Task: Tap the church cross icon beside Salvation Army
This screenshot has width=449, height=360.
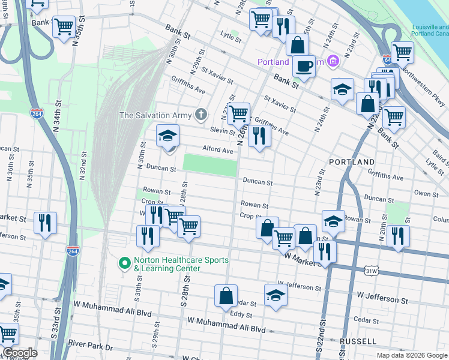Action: tap(202, 115)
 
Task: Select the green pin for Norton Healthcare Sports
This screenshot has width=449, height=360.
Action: tap(125, 263)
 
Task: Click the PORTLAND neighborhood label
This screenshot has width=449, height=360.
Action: tap(352, 162)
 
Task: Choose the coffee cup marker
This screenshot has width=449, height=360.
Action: tap(304, 65)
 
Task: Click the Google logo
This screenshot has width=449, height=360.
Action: tap(20, 353)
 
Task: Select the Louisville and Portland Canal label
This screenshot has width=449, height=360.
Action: tap(430, 31)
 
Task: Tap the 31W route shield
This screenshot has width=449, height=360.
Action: tap(372, 271)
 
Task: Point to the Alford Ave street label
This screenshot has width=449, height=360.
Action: tap(217, 151)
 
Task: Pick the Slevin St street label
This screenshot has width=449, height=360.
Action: tap(222, 130)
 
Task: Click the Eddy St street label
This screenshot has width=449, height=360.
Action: tap(241, 314)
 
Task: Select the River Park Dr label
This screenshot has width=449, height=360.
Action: tap(90, 346)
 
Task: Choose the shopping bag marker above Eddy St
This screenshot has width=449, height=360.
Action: tap(226, 296)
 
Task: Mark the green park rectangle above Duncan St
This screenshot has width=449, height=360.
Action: tap(209, 164)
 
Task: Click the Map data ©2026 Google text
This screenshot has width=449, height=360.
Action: tap(412, 355)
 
